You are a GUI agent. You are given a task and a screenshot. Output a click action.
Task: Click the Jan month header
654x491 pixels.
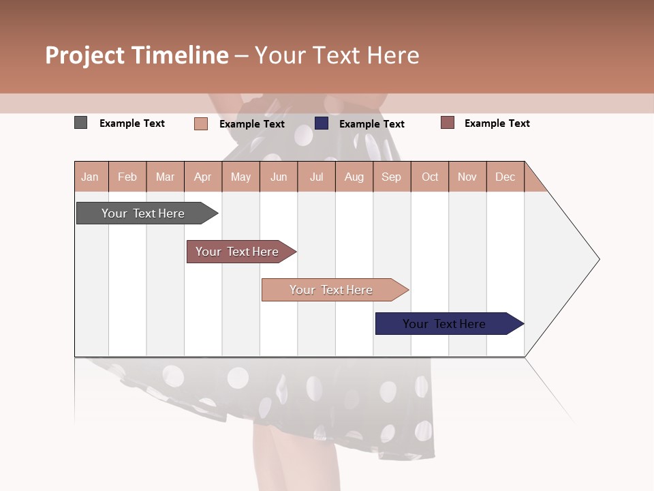pyautogui.click(x=91, y=177)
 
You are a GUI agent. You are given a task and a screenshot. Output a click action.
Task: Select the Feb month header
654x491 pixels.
pyautogui.click(x=127, y=177)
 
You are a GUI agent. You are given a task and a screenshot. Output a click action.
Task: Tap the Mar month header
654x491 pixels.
pyautogui.click(x=165, y=177)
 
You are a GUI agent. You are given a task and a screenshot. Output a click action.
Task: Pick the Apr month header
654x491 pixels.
pyautogui.click(x=202, y=177)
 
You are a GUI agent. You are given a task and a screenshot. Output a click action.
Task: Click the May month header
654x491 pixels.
pyautogui.click(x=240, y=177)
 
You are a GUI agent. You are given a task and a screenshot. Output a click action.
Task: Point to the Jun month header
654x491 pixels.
pyautogui.click(x=279, y=177)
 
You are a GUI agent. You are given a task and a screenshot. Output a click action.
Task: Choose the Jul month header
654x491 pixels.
pyautogui.click(x=316, y=177)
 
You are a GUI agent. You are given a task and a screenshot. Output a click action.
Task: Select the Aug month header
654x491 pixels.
pyautogui.click(x=354, y=177)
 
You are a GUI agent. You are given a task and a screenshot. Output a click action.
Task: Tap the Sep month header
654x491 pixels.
pyautogui.click(x=392, y=177)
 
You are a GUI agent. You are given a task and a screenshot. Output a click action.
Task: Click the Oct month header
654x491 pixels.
pyautogui.click(x=430, y=177)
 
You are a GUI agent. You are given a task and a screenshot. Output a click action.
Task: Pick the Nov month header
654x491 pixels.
pyautogui.click(x=467, y=177)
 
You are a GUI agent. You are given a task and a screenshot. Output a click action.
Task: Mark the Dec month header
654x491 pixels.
pyautogui.click(x=505, y=177)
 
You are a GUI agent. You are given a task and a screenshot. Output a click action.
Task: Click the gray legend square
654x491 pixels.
pyautogui.click(x=80, y=123)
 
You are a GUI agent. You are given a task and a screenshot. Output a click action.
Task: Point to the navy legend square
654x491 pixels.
pyautogui.click(x=322, y=123)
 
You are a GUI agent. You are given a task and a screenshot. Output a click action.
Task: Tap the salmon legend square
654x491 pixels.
pyautogui.click(x=201, y=123)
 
